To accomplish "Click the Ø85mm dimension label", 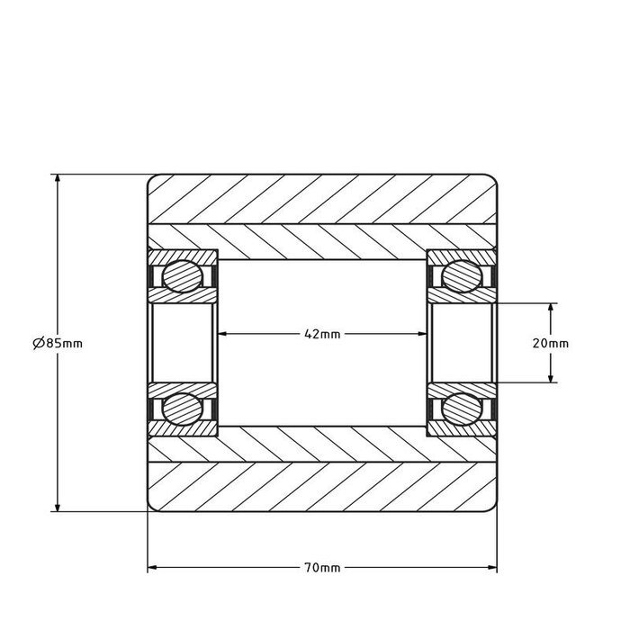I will [x=58, y=343].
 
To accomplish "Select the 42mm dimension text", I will [x=322, y=334].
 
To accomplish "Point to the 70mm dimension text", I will [x=322, y=568].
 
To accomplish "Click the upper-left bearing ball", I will [x=183, y=275].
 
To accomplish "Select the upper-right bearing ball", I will [x=461, y=275].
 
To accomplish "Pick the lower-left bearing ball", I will [x=183, y=408].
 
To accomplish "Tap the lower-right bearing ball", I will [x=461, y=408].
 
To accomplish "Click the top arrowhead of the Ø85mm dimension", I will [x=58, y=179].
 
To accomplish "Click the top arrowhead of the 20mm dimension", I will [x=551, y=308].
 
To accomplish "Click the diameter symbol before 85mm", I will [x=38, y=343].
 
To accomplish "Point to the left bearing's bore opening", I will [x=183, y=342].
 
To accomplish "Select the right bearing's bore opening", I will [x=461, y=342].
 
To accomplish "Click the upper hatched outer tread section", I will [x=322, y=197].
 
